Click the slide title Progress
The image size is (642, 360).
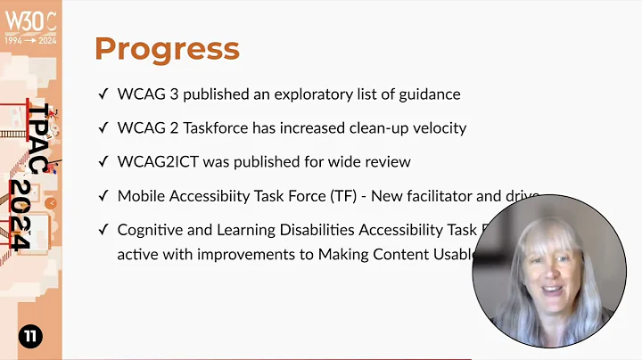click(167, 48)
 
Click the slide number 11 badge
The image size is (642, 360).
click(30, 336)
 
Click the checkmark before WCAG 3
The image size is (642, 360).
click(103, 94)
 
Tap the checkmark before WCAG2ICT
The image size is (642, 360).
click(103, 161)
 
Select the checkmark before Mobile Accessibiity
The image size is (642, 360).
click(103, 195)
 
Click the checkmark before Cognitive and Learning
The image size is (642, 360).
click(103, 230)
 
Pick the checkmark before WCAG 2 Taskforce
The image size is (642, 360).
click(103, 127)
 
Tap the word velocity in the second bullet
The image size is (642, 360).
click(436, 127)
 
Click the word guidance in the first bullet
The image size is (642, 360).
click(429, 94)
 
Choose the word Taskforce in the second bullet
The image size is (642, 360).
click(211, 127)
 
